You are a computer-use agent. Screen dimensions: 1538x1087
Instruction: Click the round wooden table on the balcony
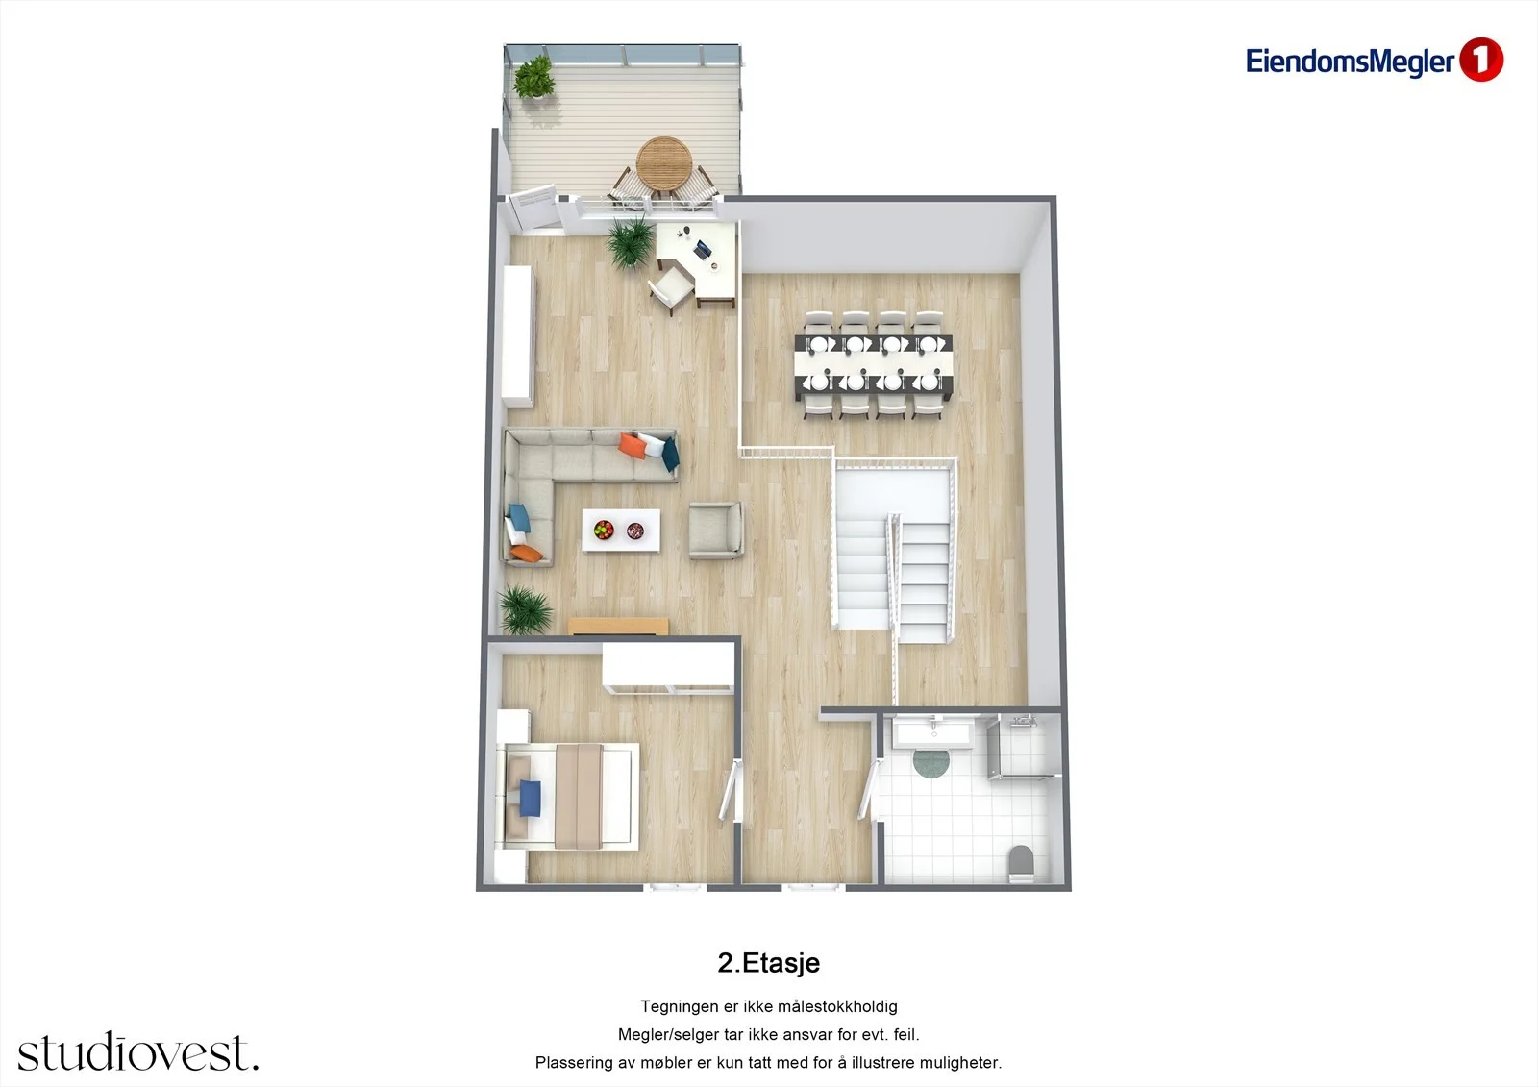(x=662, y=162)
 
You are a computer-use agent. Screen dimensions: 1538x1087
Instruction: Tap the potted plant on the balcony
(x=534, y=78)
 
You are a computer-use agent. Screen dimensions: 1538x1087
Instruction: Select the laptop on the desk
(x=702, y=249)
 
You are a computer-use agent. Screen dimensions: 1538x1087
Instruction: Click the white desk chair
(x=671, y=290)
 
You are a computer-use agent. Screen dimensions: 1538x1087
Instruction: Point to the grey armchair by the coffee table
(x=716, y=530)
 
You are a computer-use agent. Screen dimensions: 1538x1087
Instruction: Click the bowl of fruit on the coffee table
(x=604, y=530)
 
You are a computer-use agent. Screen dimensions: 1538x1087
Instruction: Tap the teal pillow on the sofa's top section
(x=670, y=454)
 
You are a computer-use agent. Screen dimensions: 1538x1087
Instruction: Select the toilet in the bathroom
(x=1020, y=863)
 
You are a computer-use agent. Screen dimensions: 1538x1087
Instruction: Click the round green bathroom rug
(x=931, y=761)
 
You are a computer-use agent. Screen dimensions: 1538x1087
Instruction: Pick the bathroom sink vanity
(x=933, y=732)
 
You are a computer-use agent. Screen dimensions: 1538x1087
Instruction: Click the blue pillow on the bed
(x=530, y=798)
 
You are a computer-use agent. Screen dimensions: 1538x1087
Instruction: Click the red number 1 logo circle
(x=1481, y=61)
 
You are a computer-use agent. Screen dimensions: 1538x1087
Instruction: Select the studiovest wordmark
(x=138, y=1051)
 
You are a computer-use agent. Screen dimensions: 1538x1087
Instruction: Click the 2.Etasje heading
(x=768, y=963)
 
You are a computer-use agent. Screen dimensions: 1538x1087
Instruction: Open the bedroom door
(x=728, y=790)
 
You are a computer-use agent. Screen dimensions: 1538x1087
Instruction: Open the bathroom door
(x=867, y=790)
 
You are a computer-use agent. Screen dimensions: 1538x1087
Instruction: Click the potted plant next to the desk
(x=630, y=241)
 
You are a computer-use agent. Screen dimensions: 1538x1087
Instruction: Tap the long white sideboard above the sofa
(x=518, y=335)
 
